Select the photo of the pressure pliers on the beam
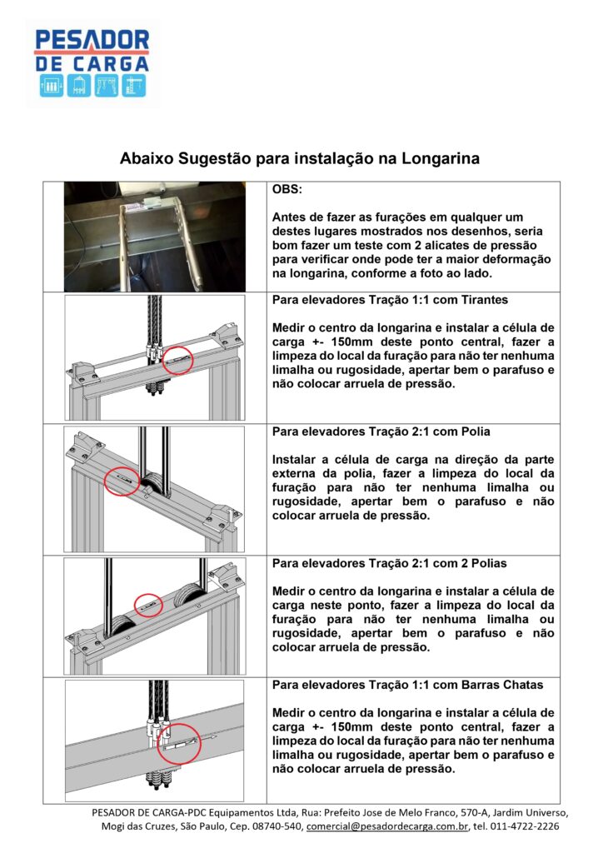[x=155, y=236]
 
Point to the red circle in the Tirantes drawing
[x=177, y=361]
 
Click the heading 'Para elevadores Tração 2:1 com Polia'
[x=381, y=432]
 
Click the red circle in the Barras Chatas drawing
[x=178, y=744]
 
